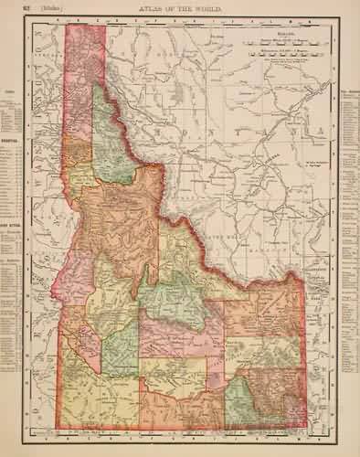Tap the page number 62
point(31,8)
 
